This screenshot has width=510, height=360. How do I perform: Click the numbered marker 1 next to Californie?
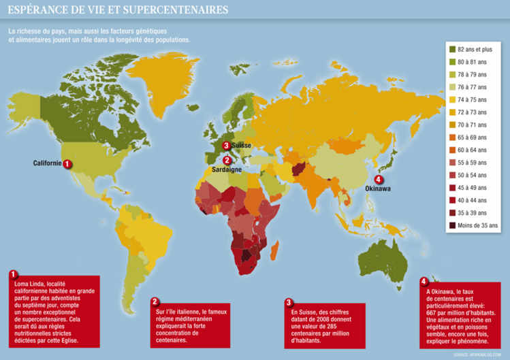tap(67, 163)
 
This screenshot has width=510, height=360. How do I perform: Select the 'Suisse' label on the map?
tap(241, 146)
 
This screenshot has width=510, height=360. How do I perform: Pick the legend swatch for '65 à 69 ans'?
tap(453, 137)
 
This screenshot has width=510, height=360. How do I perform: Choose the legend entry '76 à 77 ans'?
tap(474, 87)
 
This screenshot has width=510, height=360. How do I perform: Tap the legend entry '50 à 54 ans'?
tap(474, 175)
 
